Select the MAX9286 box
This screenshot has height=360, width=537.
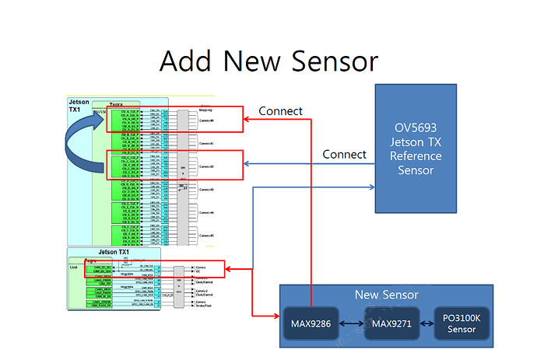point(311,323)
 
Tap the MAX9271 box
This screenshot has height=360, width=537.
point(391,323)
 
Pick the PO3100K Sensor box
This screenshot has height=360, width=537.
point(462,324)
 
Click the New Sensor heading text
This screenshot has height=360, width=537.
point(386,295)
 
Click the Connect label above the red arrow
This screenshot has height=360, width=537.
point(280,111)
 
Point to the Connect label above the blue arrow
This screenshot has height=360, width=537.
point(344,155)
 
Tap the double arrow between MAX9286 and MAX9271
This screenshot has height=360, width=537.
point(351,323)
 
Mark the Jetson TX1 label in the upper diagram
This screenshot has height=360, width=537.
point(79,107)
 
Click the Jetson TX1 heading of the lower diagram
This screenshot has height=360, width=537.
point(114,252)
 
